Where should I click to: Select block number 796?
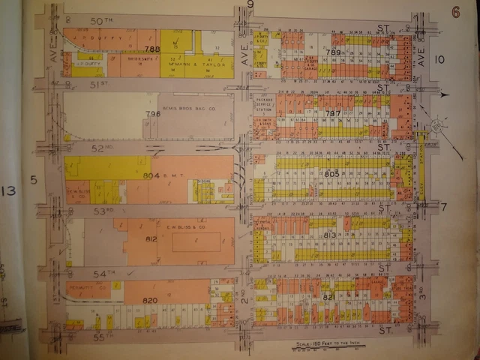click(x=153, y=114)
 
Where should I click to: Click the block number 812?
click(x=151, y=239)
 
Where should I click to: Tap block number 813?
click(x=330, y=235)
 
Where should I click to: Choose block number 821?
click(x=328, y=298)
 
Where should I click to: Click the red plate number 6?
click(x=454, y=11)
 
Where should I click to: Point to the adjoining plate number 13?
click(x=9, y=191)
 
